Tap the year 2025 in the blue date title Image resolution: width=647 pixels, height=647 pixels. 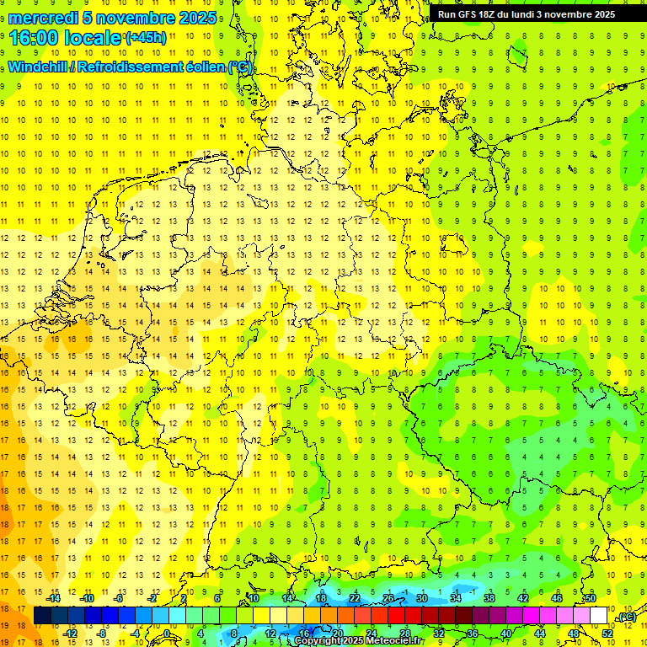coord(192,18)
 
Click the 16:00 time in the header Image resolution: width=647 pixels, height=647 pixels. coord(34,37)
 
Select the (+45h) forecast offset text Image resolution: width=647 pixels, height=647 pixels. coord(146,37)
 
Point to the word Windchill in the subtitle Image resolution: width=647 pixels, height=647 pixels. coord(39,67)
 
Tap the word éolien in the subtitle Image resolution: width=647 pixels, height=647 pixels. coord(206,67)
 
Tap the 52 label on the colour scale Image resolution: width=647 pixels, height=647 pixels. coord(607,633)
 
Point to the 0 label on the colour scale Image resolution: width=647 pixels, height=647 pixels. coord(167,633)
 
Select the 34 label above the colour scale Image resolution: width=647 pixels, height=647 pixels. coord(456,598)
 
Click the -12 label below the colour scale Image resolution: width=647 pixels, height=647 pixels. coord(71,633)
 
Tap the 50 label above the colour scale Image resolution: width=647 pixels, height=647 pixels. coord(591,598)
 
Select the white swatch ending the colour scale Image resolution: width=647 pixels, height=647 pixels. coord(598,616)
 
